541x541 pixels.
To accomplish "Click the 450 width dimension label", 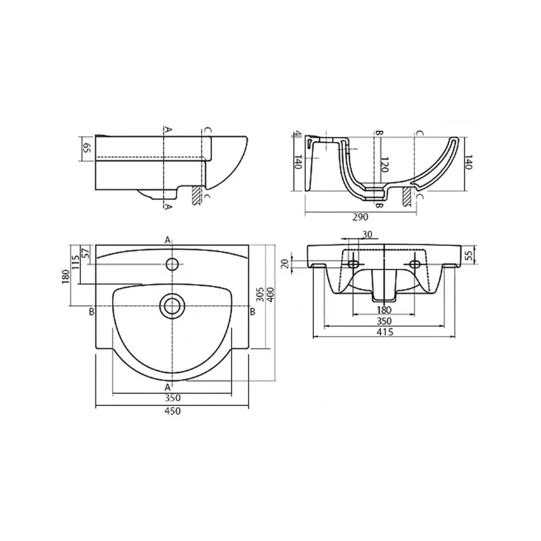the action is pos(173,411).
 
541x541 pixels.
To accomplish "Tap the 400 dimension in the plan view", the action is pos(270,294).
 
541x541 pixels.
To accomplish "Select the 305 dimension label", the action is pos(261,294).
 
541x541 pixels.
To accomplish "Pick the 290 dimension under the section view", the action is pos(360,217).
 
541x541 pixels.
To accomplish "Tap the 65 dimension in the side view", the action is pos(87,148).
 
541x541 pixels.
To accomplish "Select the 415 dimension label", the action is pos(385,332).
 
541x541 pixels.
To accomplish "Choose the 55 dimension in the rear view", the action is pos(467,256).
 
